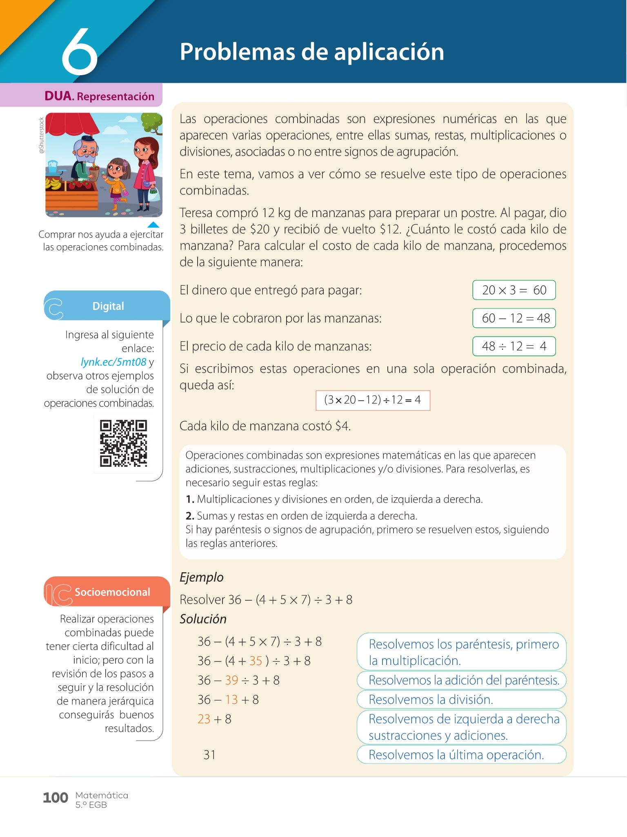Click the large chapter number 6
pyautogui.click(x=80, y=52)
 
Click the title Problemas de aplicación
pyautogui.click(x=312, y=52)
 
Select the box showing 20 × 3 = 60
pyautogui.click(x=514, y=290)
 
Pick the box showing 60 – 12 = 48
pyautogui.click(x=514, y=318)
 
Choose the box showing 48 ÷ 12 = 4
pyautogui.click(x=514, y=346)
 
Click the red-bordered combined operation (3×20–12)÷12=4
pyautogui.click(x=373, y=400)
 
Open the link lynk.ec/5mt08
pyautogui.click(x=113, y=362)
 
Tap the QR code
pyautogui.click(x=123, y=443)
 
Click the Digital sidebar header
pyautogui.click(x=108, y=306)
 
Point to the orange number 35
pyautogui.click(x=256, y=661)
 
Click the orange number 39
pyautogui.click(x=231, y=680)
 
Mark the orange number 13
pyautogui.click(x=231, y=700)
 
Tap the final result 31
pyautogui.click(x=209, y=754)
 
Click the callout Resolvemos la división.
pyautogui.click(x=461, y=700)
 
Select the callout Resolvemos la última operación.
pyautogui.click(x=461, y=754)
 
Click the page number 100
pyautogui.click(x=55, y=798)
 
